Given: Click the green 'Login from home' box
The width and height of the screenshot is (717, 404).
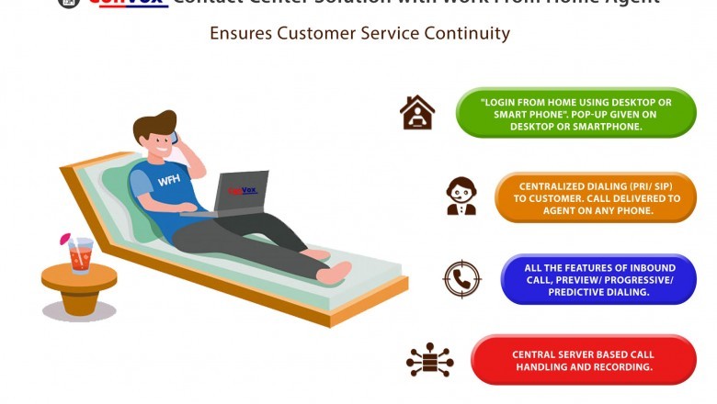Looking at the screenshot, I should (575, 113).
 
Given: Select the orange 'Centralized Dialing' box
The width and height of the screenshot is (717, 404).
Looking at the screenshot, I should (595, 197).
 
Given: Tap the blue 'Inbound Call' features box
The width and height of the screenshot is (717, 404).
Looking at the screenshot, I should (598, 279).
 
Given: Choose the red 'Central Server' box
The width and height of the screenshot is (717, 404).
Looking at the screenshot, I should (583, 360).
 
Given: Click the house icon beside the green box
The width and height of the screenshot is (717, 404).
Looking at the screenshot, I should (417, 113).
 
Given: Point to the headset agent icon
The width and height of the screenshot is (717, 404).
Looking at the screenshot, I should (461, 196).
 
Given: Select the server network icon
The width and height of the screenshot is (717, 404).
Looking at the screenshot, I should (429, 359).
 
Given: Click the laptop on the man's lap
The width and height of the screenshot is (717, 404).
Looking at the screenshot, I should (241, 192).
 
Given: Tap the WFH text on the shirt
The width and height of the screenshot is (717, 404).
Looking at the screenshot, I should (168, 180).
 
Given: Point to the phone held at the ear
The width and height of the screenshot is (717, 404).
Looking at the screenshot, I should (176, 142).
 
